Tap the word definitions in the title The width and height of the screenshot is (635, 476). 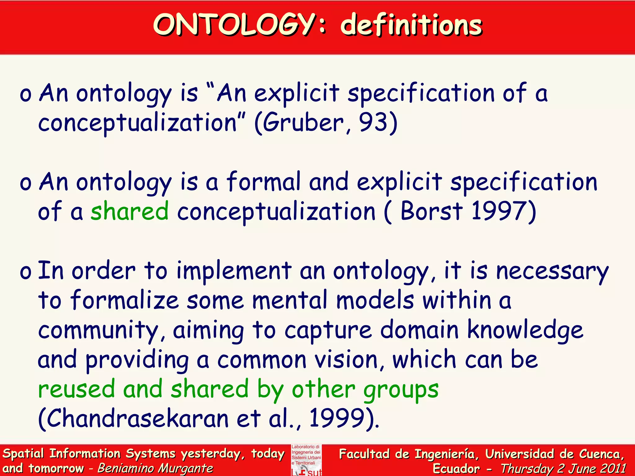411,25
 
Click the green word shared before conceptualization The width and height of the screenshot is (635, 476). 130,211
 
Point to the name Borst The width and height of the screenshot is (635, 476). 431,211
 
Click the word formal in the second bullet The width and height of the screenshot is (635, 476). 264,182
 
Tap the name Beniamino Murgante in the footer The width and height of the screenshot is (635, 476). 155,468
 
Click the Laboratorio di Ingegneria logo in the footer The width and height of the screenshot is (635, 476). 306,460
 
